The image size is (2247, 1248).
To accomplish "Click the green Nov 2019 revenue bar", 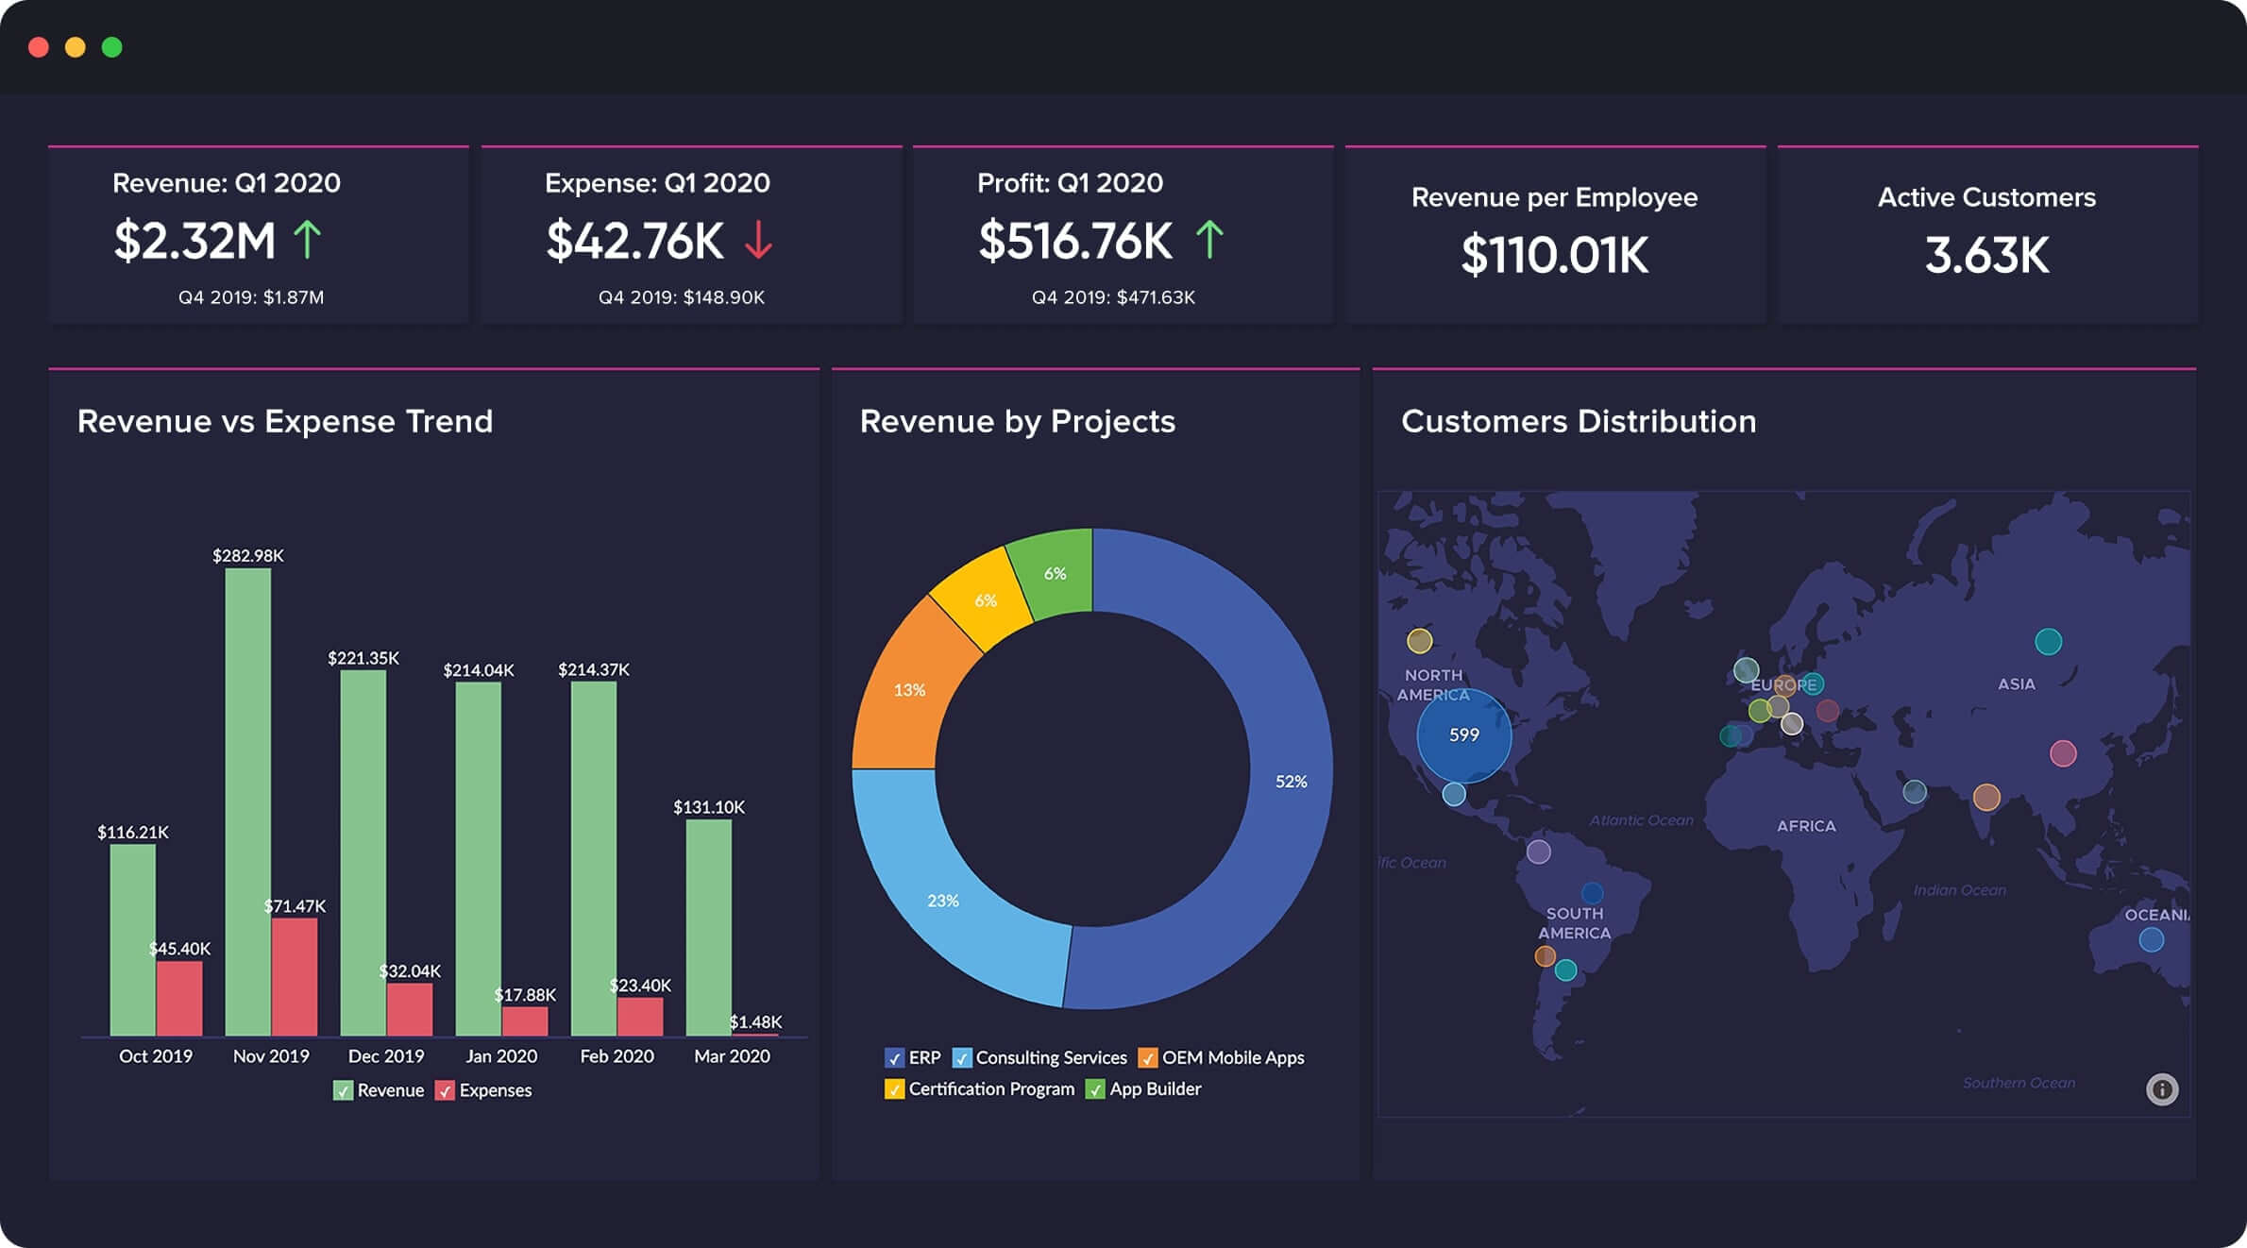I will (x=247, y=802).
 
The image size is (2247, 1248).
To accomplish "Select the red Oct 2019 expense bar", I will (x=179, y=999).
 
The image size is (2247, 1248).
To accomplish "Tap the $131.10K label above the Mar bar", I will (x=708, y=807).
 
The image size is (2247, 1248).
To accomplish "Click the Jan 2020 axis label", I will (x=501, y=1056).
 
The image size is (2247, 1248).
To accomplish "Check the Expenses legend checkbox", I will (x=445, y=1091).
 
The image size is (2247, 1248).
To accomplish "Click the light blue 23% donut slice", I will (x=944, y=902).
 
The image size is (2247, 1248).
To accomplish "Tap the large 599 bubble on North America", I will (x=1463, y=735).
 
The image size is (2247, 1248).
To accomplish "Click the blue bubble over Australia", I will (x=2151, y=940).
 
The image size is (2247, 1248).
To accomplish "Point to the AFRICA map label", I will (x=1806, y=826).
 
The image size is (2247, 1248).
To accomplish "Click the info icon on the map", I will (x=2162, y=1089).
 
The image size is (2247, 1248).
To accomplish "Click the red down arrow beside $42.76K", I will (x=758, y=240).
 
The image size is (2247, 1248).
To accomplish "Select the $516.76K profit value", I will (x=1074, y=241).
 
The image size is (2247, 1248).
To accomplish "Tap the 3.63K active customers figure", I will (x=1986, y=256).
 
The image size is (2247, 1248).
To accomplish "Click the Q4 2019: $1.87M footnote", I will (x=251, y=297).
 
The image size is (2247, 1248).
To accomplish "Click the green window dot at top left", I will (x=111, y=47).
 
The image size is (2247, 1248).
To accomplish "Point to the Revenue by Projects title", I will (x=1017, y=421).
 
